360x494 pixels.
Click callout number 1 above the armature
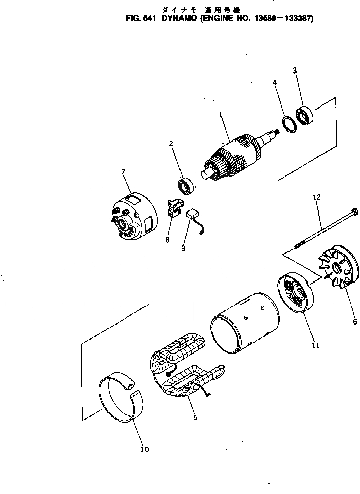coord(221,115)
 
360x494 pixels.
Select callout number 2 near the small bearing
coord(171,144)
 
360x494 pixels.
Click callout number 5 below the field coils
coord(195,418)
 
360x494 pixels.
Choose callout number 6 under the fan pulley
coord(355,322)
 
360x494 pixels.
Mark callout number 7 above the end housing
coord(123,171)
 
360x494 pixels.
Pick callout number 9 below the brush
coord(184,248)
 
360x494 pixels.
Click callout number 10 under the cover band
coord(145,449)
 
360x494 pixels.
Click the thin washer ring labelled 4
coord(288,123)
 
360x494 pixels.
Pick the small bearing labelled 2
coord(189,186)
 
